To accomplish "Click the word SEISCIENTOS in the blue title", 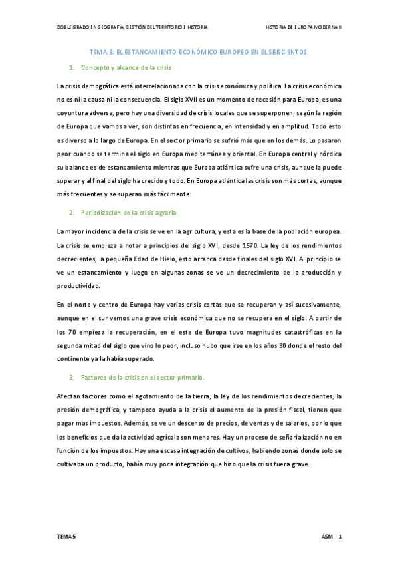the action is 289,51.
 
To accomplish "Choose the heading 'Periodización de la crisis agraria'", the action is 129,213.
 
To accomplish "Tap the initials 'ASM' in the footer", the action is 327,535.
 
